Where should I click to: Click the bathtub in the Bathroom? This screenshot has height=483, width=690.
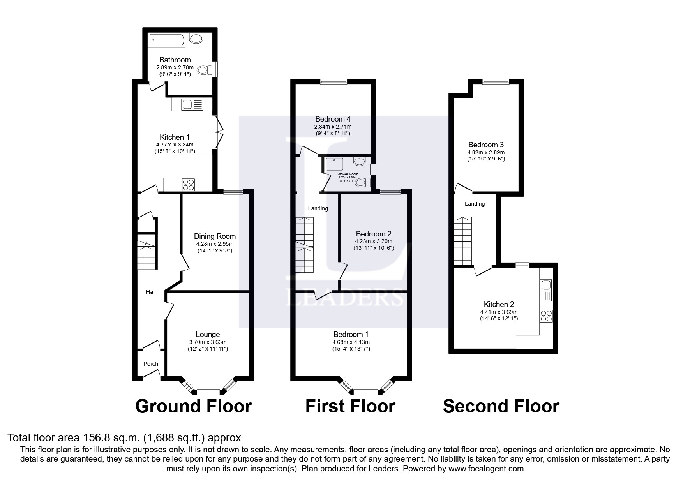167,40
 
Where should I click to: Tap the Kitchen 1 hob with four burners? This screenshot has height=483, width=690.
189,185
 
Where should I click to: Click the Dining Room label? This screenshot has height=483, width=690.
215,236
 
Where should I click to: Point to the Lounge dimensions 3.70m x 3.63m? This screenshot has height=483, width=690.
208,342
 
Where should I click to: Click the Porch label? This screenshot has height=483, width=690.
151,364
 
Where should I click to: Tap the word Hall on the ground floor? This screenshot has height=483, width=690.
151,292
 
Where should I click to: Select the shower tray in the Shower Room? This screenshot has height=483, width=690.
335,164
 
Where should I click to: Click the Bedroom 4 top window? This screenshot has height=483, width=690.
334,82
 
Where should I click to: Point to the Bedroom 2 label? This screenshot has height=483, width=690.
373,234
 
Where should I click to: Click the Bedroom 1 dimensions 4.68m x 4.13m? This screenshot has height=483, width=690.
351,342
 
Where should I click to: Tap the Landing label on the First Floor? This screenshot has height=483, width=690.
318,208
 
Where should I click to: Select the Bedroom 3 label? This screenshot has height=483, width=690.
486,145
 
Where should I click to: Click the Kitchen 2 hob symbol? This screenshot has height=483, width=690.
546,316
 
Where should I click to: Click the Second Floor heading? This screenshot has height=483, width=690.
501,406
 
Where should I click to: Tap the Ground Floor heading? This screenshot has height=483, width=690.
193,406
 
